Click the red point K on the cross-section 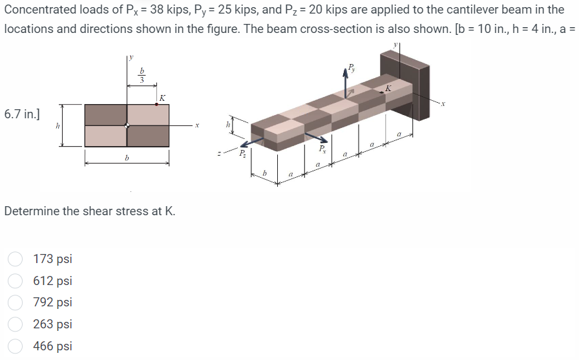click(x=157, y=104)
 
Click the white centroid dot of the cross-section click(x=127, y=126)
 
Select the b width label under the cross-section click(x=127, y=157)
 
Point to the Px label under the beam click(x=322, y=149)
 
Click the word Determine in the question click(x=32, y=211)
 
